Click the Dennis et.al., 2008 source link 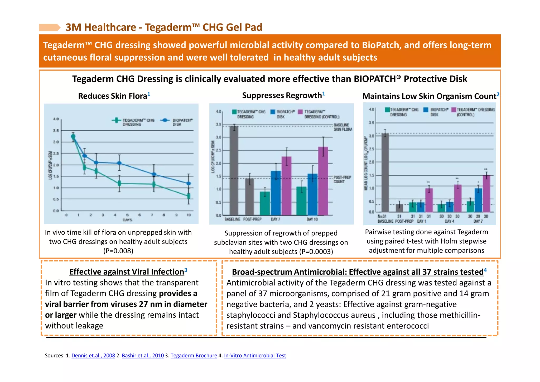point(93,355)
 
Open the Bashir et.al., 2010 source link point(143,355)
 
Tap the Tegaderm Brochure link point(194,355)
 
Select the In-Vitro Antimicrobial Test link point(255,355)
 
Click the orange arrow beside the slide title point(50,27)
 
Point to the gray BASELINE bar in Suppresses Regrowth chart point(234,170)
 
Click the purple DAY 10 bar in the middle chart point(323,181)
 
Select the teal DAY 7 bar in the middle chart point(265,203)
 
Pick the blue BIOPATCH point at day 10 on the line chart point(189,183)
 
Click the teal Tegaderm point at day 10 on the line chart point(189,196)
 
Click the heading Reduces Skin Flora point(113,96)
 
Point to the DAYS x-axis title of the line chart point(127,220)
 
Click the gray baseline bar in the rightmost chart point(385,173)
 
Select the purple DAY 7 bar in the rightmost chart point(486,194)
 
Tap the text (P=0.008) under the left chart point(118,251)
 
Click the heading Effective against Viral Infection point(127,272)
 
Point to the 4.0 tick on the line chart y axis point(56,119)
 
